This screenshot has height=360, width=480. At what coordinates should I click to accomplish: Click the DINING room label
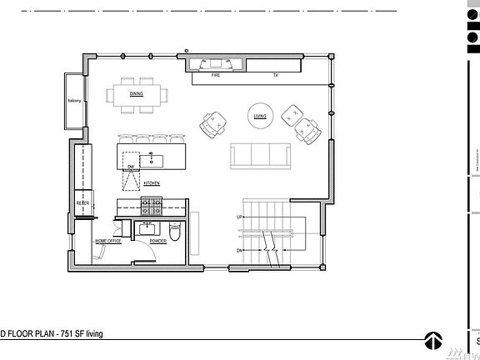coord(136,94)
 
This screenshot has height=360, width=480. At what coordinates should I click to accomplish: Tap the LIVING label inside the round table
coord(260,117)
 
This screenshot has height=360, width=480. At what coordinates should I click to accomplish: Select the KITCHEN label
coord(152,182)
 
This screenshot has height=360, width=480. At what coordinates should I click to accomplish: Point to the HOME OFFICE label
coord(108,241)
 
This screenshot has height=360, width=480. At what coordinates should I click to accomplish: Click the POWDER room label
coord(157,241)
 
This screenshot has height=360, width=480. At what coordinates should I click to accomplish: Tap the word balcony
coord(73,102)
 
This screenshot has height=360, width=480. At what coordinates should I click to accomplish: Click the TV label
coord(275,75)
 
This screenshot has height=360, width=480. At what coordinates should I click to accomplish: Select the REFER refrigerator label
coord(83,202)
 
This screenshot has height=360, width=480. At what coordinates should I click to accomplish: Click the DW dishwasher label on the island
coord(131,167)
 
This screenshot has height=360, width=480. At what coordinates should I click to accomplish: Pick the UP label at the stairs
coord(240,217)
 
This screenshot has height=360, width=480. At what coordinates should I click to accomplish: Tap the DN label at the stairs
coord(240,250)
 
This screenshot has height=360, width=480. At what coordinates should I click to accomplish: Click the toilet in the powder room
coord(173,228)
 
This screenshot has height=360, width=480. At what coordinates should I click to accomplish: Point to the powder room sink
coord(150,227)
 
